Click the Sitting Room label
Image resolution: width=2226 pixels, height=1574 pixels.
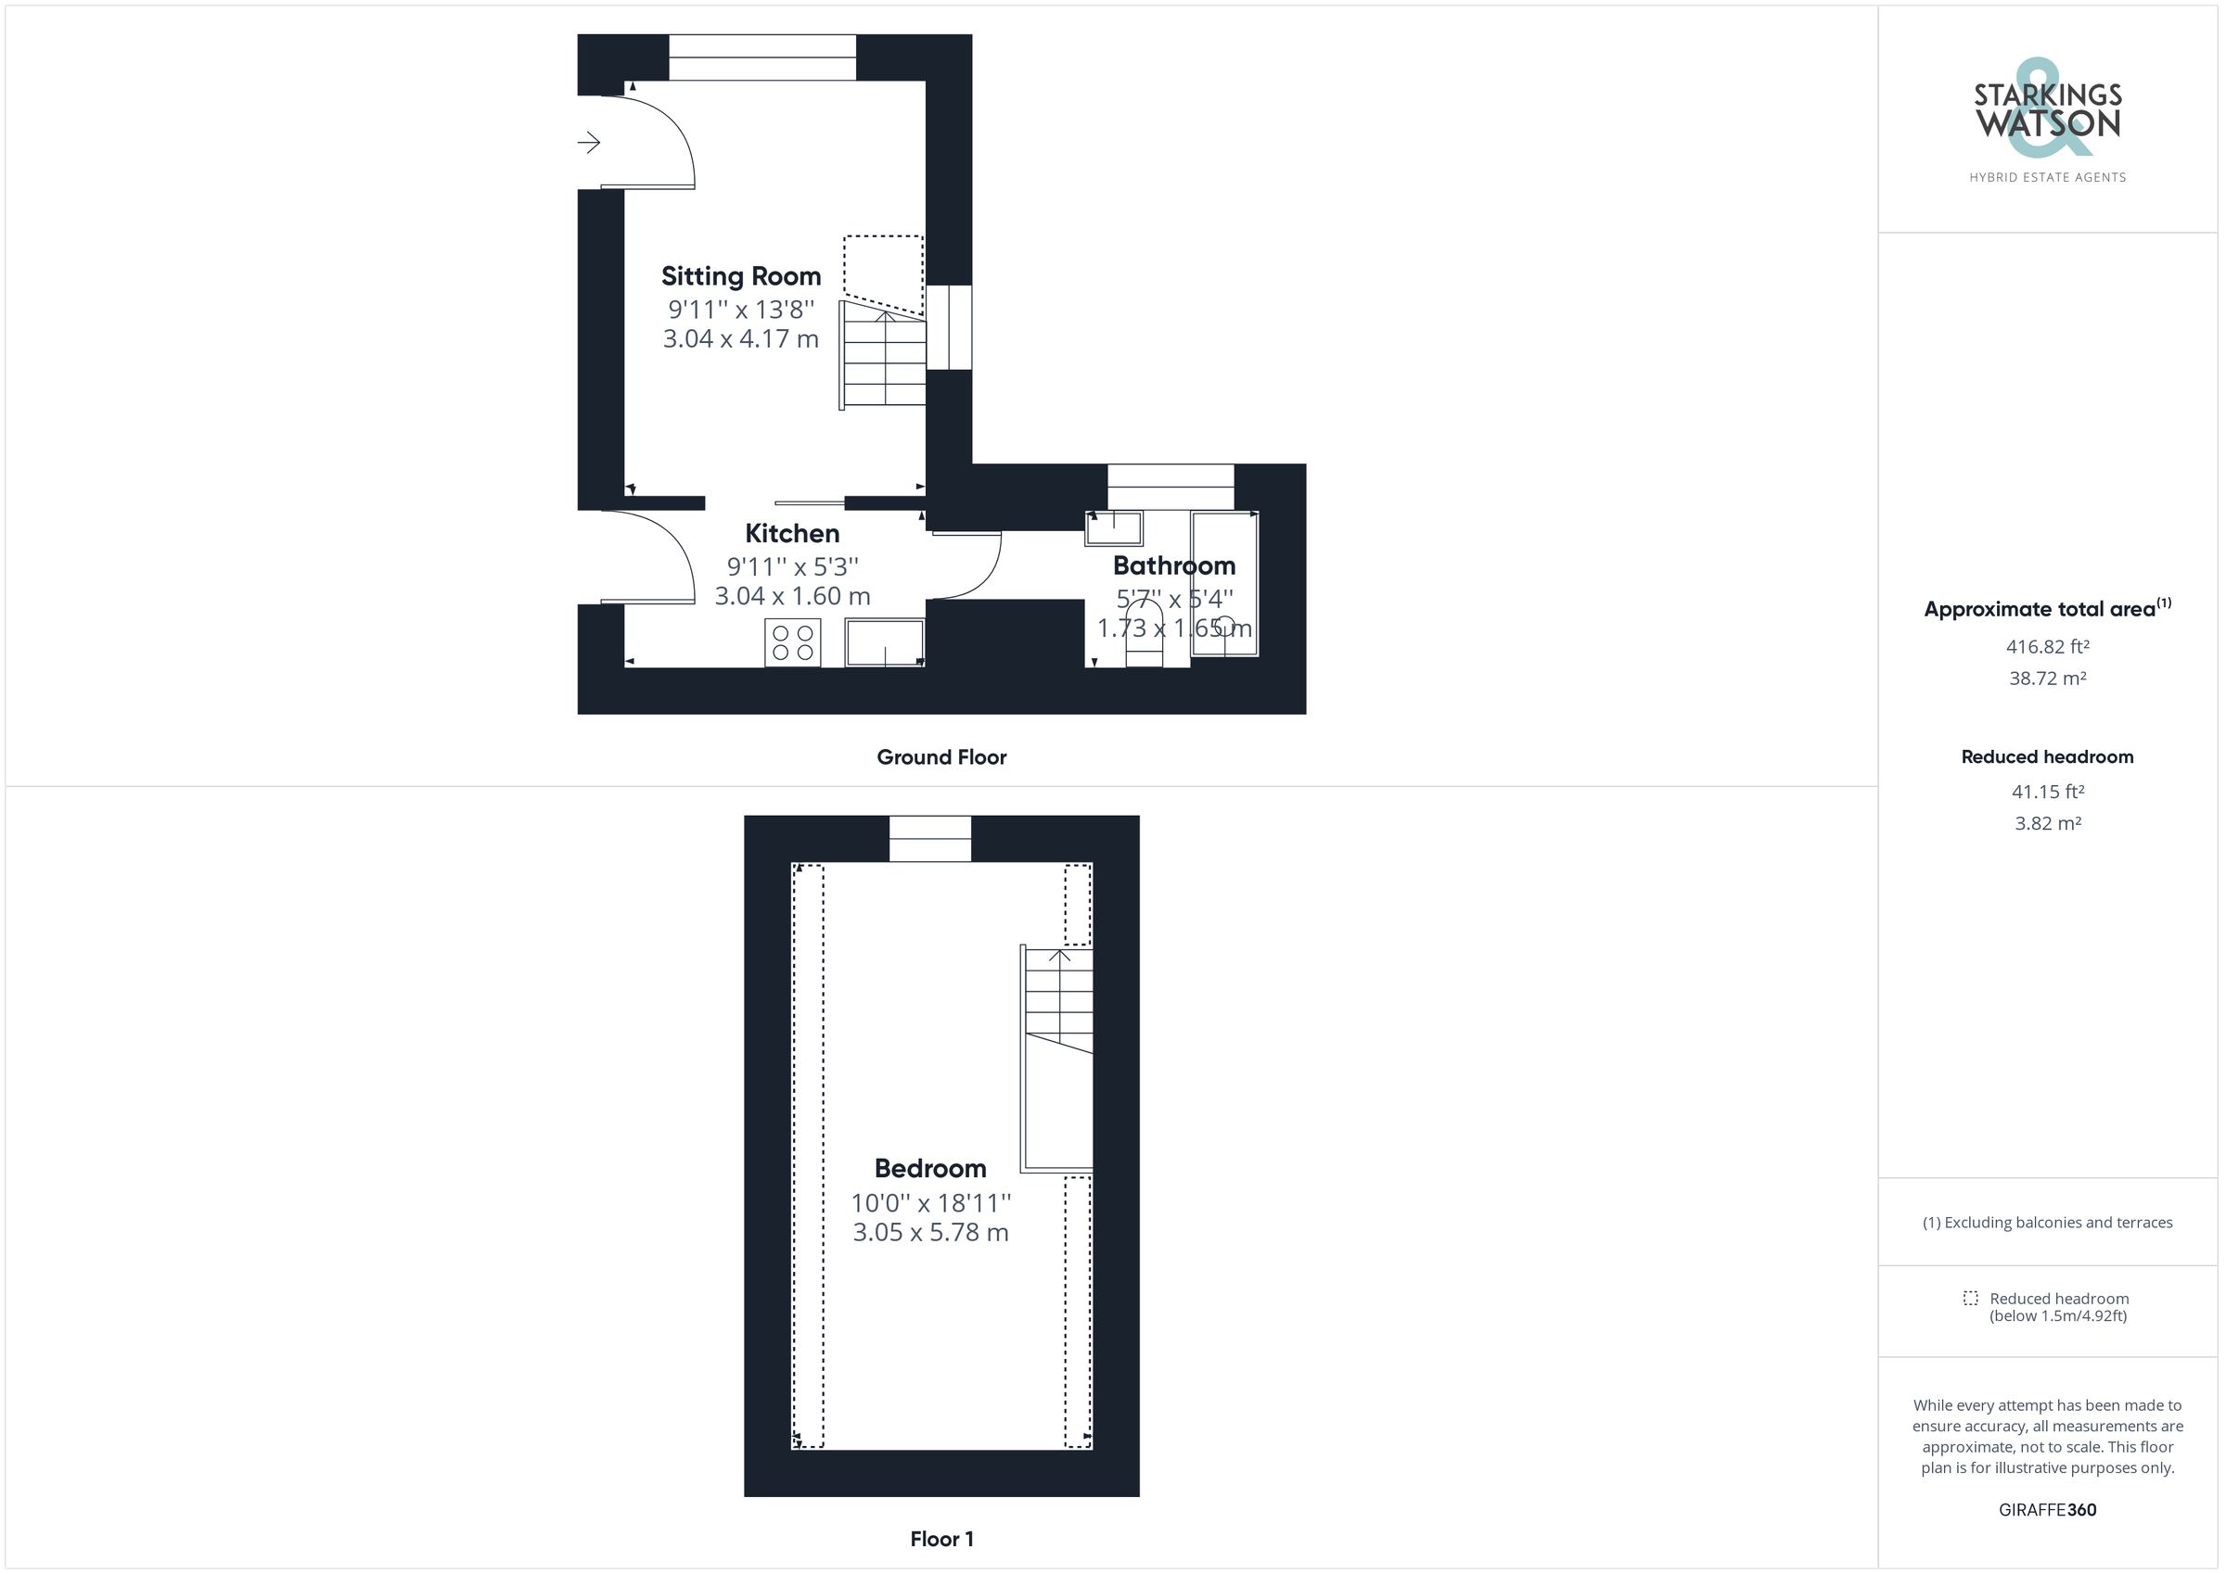tap(741, 276)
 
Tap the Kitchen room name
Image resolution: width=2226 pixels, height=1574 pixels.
tap(792, 533)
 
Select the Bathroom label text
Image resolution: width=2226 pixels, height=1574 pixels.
tap(1174, 565)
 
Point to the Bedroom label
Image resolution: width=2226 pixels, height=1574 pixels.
tap(929, 1168)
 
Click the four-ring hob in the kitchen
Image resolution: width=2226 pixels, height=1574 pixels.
tap(792, 642)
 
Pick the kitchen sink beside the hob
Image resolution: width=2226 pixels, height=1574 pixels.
tap(884, 642)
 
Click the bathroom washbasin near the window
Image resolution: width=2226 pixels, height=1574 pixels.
tap(1114, 528)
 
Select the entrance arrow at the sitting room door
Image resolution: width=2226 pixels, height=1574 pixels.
tap(588, 144)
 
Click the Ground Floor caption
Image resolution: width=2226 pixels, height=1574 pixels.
tap(941, 757)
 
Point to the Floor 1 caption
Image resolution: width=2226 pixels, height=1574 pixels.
tap(941, 1539)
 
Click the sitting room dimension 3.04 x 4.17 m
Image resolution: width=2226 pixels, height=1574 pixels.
tap(741, 339)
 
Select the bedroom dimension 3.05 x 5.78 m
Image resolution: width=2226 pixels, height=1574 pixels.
tap(930, 1233)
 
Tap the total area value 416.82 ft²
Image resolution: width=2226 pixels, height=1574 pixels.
tap(2047, 646)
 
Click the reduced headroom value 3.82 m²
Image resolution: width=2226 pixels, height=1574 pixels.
tap(2047, 824)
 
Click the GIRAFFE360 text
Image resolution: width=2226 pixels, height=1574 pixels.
tap(2047, 1510)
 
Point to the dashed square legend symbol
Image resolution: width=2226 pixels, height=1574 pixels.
tap(1970, 1298)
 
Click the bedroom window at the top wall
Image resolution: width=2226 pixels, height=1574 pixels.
tap(929, 838)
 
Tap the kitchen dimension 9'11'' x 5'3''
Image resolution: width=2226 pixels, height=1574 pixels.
tap(792, 567)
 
